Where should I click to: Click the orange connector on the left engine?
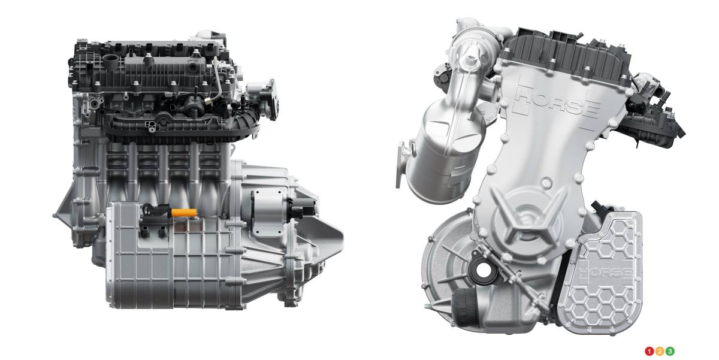(184, 213)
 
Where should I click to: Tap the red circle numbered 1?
(649, 352)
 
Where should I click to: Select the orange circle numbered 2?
(659, 352)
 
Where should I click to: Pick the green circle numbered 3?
(670, 352)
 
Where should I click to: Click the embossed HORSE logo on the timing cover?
(557, 101)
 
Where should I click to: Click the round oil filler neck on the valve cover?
(111, 59)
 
